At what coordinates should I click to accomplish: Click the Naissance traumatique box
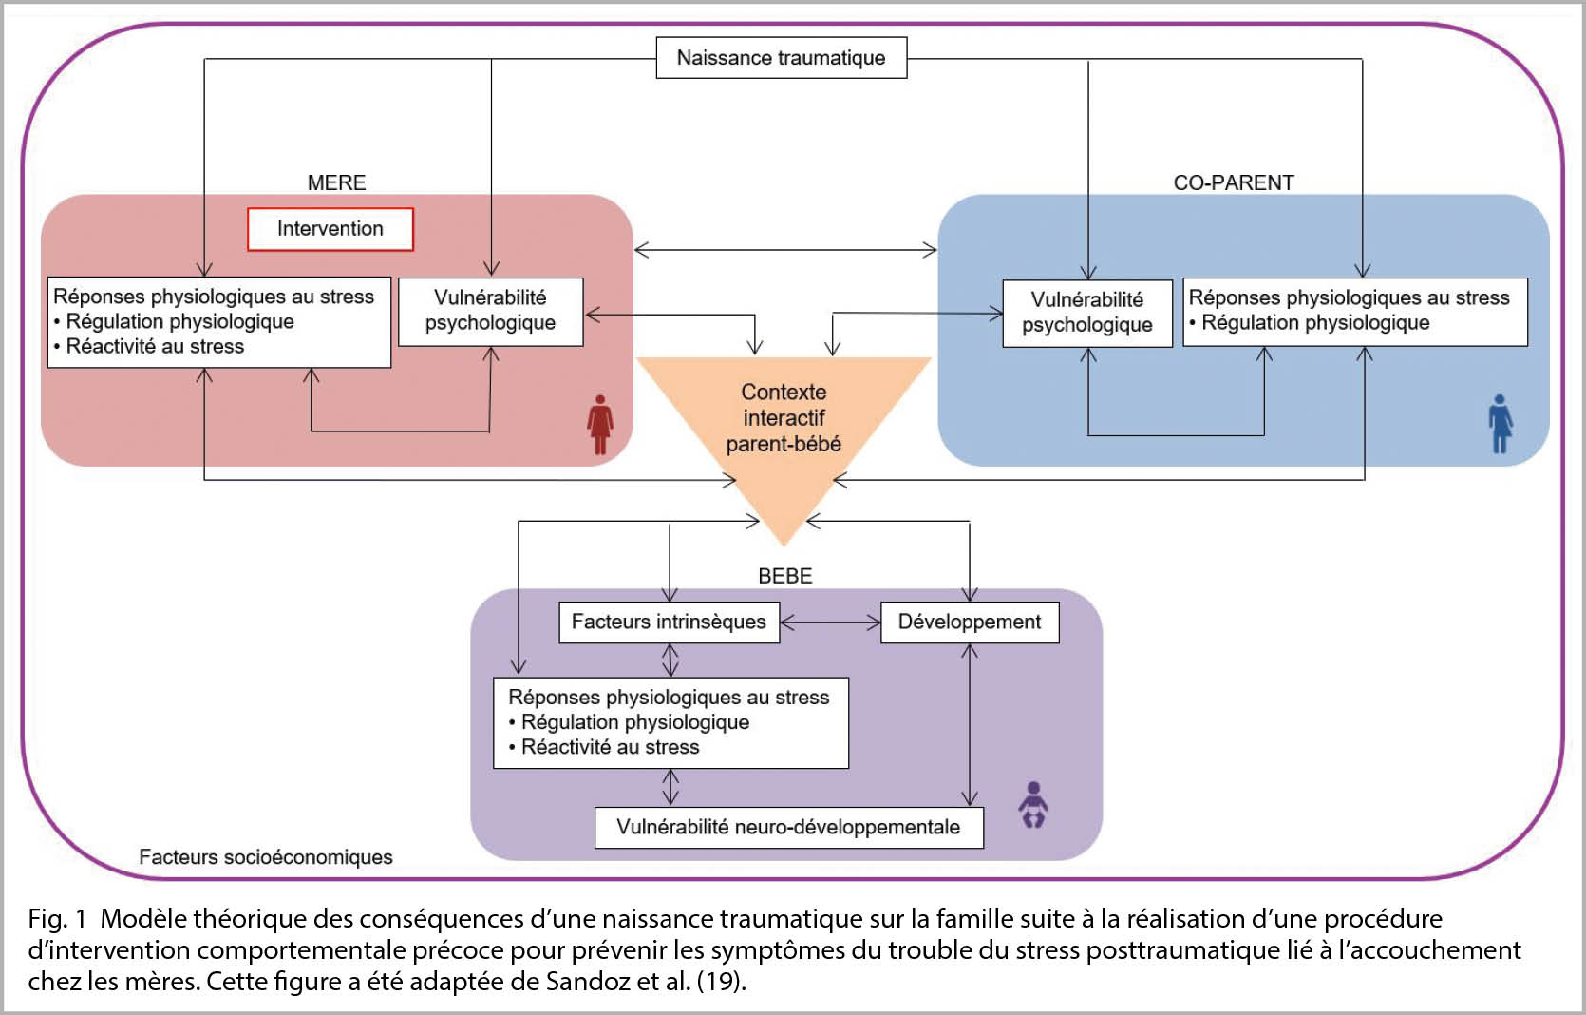[x=781, y=57]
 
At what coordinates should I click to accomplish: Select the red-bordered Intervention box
[x=330, y=229]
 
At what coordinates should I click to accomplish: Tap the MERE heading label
[x=336, y=182]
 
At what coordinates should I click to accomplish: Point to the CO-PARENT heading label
[x=1234, y=182]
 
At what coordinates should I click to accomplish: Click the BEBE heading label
[x=785, y=576]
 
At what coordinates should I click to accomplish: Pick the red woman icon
[x=599, y=424]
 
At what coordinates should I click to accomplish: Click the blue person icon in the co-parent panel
[x=1501, y=424]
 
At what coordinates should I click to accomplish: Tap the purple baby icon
[x=1033, y=805]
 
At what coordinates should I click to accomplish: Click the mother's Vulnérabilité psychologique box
[x=491, y=312]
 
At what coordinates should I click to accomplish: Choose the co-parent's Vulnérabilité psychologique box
[x=1087, y=313]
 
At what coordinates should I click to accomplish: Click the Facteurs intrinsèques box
[x=670, y=622]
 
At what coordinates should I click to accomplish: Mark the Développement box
[x=970, y=622]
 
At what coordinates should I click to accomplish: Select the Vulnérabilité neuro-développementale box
[x=789, y=827]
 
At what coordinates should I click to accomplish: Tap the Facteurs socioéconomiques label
[x=266, y=857]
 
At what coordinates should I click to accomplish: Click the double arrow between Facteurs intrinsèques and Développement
[x=831, y=622]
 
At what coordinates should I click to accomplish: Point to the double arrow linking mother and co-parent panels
[x=785, y=249]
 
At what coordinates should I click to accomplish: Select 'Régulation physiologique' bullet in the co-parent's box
[x=1309, y=323]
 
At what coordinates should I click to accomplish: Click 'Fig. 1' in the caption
[x=57, y=919]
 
